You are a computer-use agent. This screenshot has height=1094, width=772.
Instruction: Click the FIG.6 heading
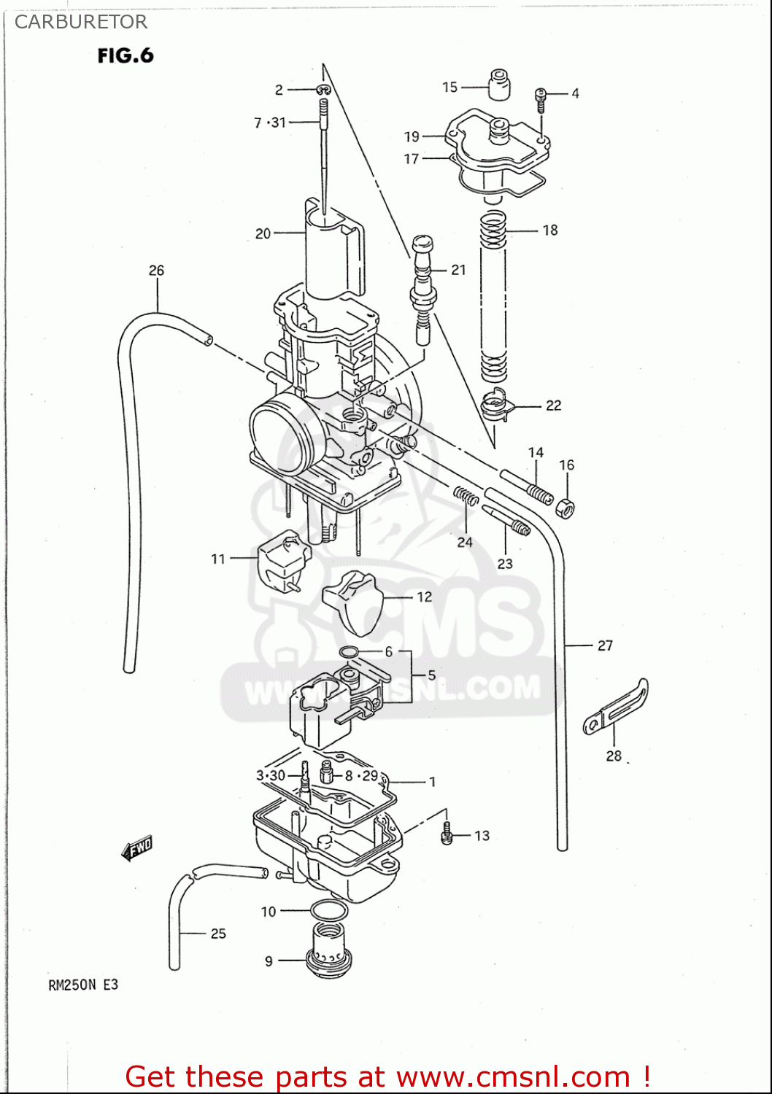click(x=126, y=55)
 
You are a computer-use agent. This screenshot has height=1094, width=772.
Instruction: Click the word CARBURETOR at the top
click(x=81, y=22)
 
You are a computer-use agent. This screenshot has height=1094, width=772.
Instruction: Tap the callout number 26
click(x=156, y=271)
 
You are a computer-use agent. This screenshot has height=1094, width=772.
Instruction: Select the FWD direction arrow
click(x=137, y=847)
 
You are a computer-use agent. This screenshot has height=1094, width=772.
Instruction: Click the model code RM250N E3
click(x=83, y=985)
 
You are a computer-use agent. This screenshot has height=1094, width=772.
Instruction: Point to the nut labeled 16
click(x=565, y=508)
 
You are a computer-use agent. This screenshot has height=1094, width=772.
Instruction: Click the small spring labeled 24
click(x=466, y=496)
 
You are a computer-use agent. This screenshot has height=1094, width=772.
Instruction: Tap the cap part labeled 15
click(x=499, y=85)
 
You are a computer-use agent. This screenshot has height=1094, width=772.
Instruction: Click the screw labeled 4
click(x=541, y=98)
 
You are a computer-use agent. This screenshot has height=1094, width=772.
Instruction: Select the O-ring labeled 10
click(x=328, y=910)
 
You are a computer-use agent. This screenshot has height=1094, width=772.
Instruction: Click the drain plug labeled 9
click(x=327, y=952)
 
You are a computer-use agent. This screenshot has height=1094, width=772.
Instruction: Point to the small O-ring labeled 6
click(x=350, y=651)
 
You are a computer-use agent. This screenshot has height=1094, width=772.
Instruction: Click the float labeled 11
click(x=284, y=562)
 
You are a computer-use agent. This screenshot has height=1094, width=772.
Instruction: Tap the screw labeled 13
click(x=447, y=835)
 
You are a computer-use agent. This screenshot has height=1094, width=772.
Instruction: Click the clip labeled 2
click(x=323, y=90)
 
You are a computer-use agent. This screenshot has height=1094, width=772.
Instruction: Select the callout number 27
click(x=605, y=645)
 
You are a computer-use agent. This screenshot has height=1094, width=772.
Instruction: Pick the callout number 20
click(x=263, y=234)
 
